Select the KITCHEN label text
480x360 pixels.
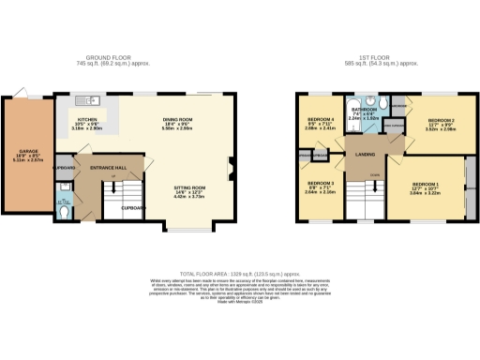coord(88,121)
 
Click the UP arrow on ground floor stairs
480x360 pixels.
coord(113,177)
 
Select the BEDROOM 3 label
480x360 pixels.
coord(321,183)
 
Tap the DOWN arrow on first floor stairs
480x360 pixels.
coord(374,175)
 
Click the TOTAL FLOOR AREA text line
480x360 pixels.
coord(240,269)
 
